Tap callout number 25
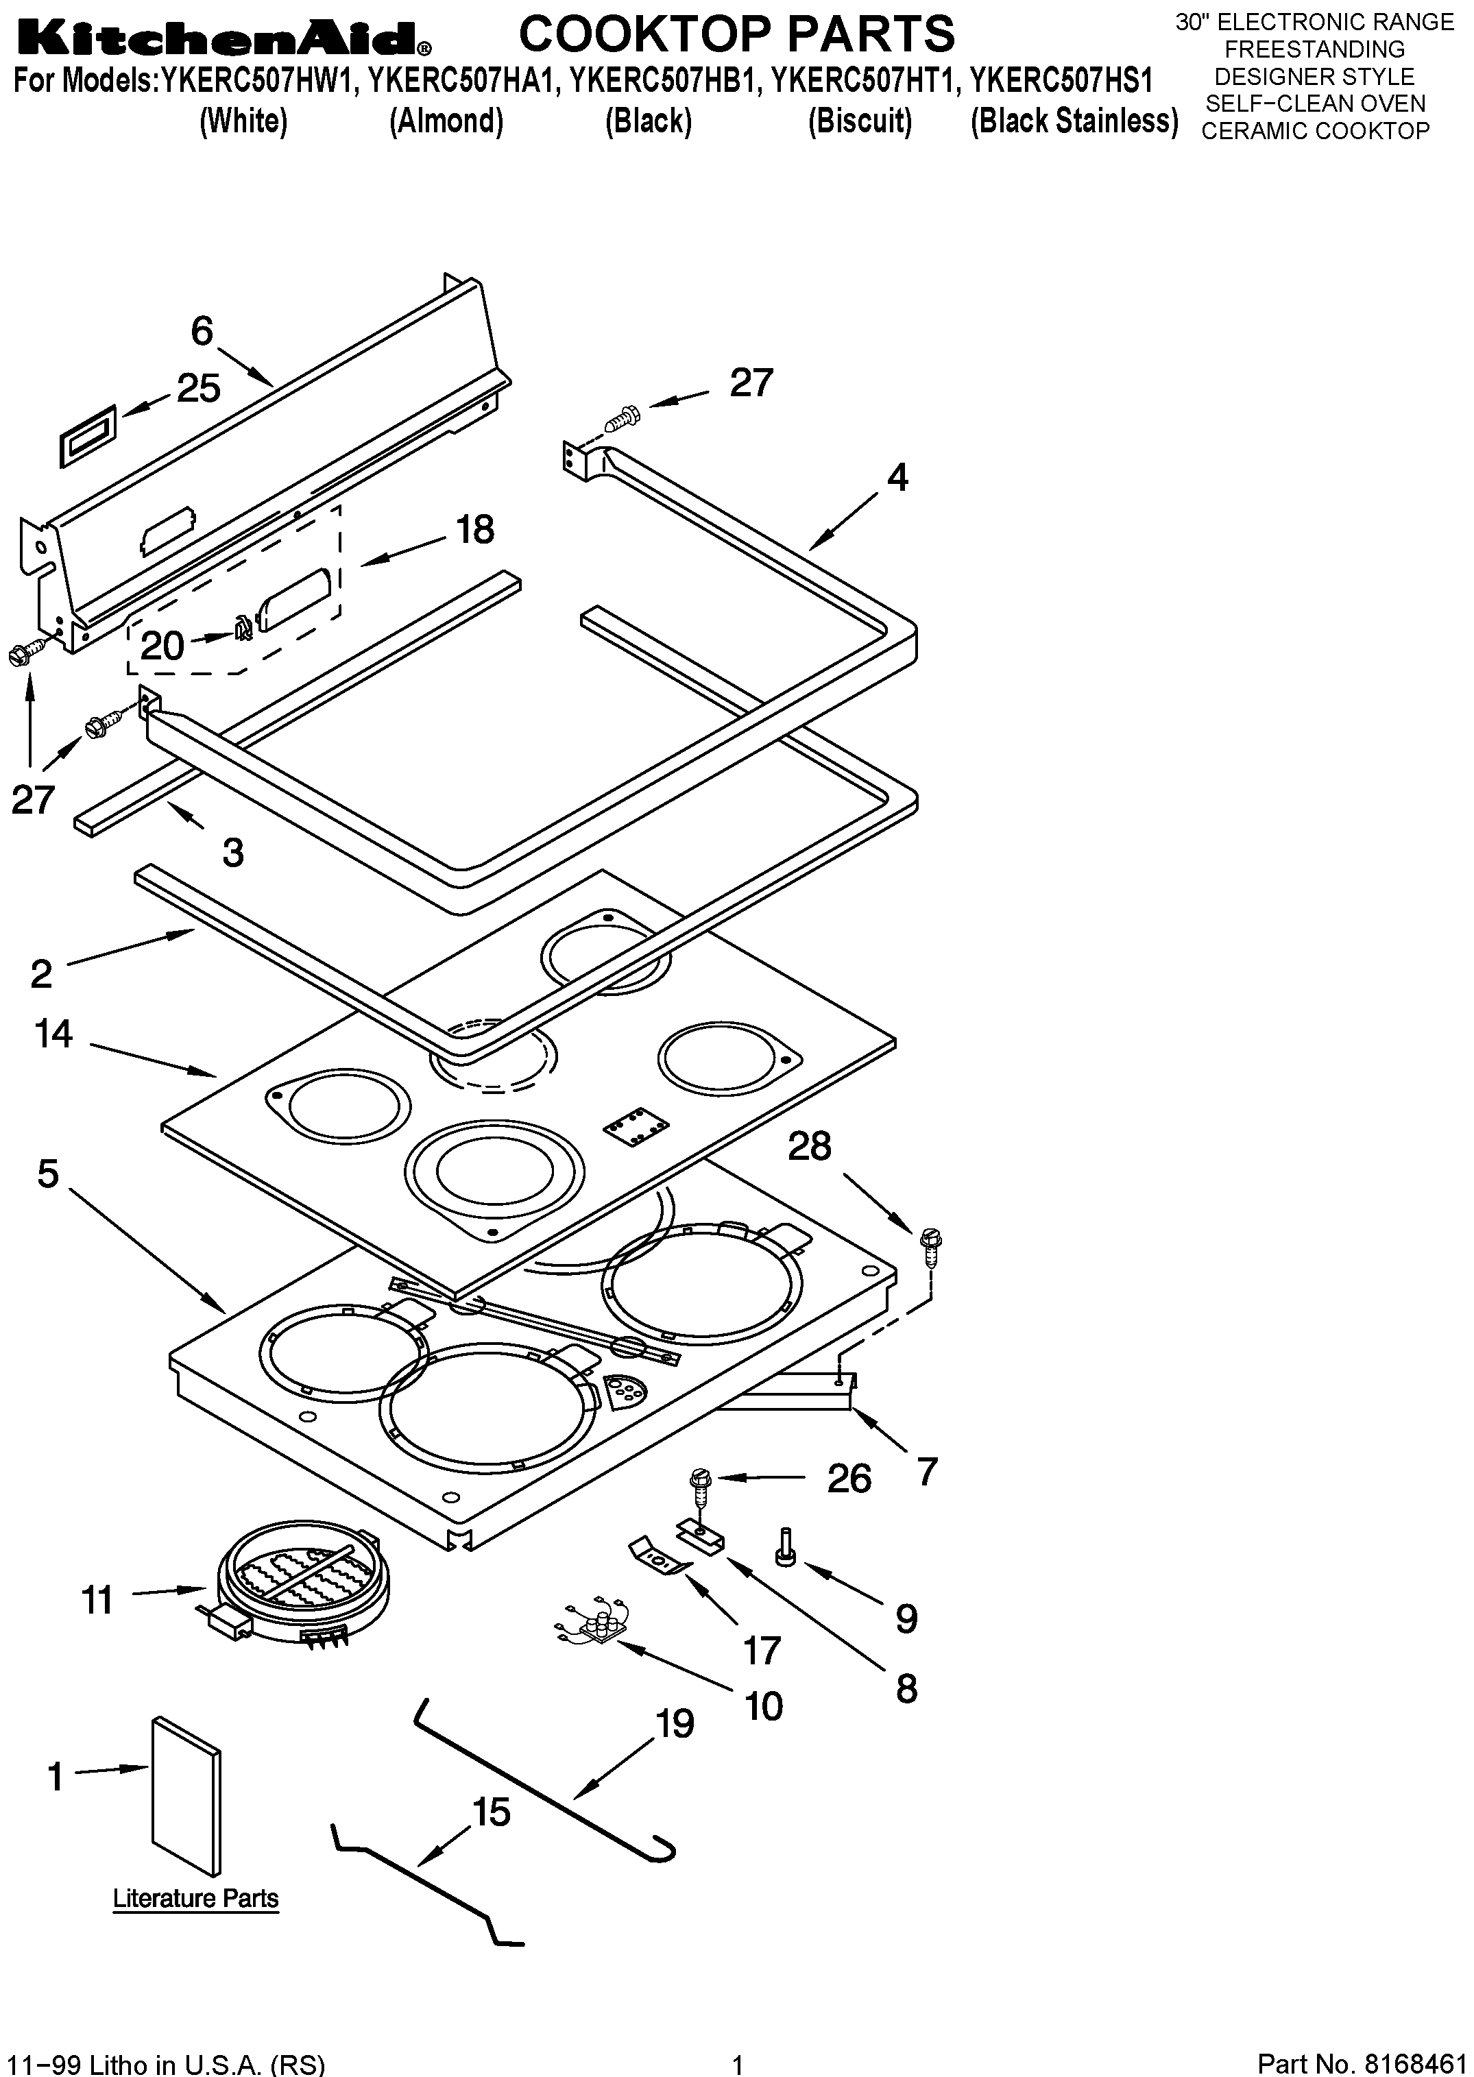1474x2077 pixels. (x=198, y=389)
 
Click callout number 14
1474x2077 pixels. (x=53, y=1034)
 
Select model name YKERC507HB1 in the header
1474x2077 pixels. (x=667, y=82)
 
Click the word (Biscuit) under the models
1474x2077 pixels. (x=860, y=121)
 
